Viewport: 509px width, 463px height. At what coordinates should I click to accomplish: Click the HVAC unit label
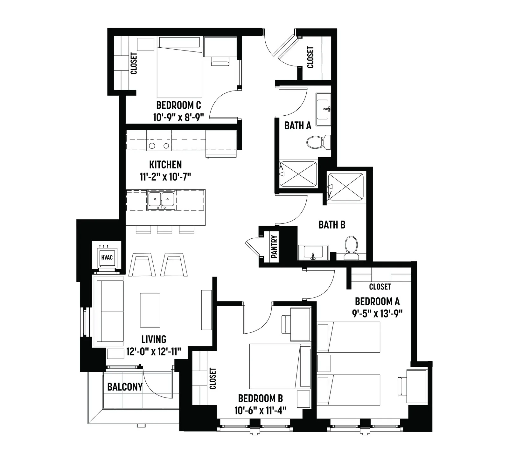point(107,257)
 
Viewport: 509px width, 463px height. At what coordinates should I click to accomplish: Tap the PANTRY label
point(274,246)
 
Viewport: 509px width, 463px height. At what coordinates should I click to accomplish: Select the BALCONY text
point(125,387)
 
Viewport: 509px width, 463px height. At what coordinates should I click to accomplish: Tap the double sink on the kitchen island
point(161,201)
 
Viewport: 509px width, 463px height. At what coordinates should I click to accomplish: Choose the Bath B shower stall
point(345,187)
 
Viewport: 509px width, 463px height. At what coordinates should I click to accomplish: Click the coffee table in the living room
point(150,310)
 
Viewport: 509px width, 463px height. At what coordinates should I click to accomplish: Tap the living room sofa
point(108,313)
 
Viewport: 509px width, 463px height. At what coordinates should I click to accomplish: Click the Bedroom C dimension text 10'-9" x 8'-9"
point(178,117)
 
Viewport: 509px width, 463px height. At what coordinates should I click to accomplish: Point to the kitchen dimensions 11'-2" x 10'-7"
point(165,176)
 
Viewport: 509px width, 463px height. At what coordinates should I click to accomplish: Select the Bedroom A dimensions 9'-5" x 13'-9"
point(377,314)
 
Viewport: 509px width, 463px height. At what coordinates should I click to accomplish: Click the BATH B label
point(332,225)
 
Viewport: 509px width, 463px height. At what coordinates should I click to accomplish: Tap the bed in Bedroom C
point(179,67)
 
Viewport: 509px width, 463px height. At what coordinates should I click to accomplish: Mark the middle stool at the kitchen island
point(164,229)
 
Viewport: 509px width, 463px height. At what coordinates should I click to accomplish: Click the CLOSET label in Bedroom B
point(213,378)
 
